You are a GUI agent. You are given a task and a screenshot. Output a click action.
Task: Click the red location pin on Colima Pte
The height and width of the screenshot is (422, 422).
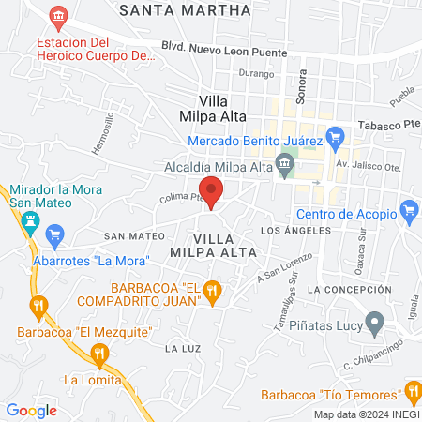pos(212,190)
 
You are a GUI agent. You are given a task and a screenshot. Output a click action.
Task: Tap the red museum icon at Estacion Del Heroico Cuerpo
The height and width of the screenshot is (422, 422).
pos(60,17)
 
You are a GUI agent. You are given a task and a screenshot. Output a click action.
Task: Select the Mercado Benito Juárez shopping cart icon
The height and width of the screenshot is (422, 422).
pos(339,141)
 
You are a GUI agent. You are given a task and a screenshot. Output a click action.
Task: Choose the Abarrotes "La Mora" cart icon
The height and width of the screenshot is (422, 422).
pos(54,234)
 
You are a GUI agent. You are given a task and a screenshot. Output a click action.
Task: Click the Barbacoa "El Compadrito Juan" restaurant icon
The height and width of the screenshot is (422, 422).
pos(214,293)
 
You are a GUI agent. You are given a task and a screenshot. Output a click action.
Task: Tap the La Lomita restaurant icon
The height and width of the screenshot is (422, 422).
pos(99,354)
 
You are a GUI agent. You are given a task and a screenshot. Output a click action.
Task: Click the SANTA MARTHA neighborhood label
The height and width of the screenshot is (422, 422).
pos(186,10)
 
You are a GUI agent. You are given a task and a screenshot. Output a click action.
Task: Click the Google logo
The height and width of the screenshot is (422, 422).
pos(32,410)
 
